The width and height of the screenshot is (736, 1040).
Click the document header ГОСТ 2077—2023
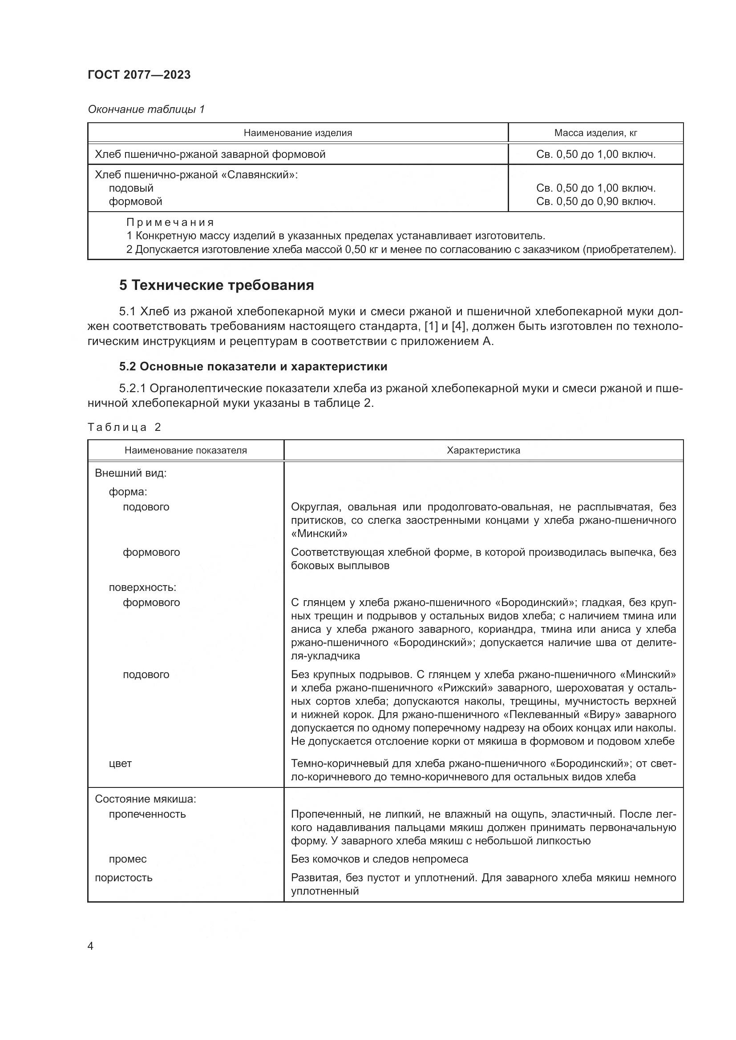tap(139, 75)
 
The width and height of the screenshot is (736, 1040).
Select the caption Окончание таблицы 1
tap(146, 109)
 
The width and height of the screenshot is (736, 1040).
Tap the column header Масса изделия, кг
tap(595, 133)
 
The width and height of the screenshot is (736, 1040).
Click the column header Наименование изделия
tap(298, 133)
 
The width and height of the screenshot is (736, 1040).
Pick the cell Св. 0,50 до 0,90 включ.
tap(595, 201)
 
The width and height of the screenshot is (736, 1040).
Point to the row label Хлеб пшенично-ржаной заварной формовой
tap(210, 154)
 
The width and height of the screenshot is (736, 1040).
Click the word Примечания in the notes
tap(170, 222)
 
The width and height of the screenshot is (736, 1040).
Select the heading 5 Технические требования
tap(216, 285)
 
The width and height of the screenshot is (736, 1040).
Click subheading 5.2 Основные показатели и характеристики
tap(253, 366)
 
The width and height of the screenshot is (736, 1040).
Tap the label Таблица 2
tap(124, 427)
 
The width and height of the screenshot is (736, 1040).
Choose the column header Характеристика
tap(483, 450)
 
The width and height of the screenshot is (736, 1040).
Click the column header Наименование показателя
tap(186, 450)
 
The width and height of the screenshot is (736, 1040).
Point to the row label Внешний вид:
tap(130, 474)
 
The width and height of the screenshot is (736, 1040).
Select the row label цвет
tap(120, 763)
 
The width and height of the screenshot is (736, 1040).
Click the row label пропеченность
tap(147, 814)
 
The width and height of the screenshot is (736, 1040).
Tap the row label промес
tap(128, 859)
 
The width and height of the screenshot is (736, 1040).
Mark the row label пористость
tap(123, 877)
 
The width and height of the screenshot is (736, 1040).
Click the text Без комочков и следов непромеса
tap(379, 859)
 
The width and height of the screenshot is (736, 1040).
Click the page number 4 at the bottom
tap(91, 946)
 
